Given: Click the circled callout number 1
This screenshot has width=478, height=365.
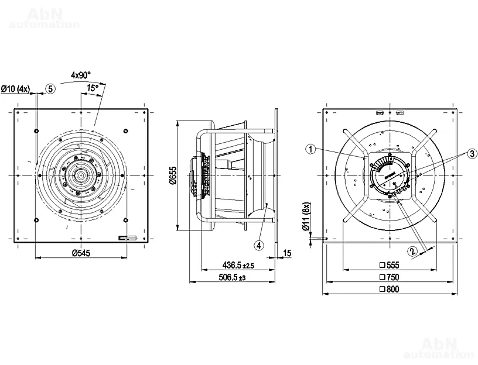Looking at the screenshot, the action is [x=310, y=149].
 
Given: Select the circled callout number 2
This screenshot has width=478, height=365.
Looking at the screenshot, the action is [x=412, y=251].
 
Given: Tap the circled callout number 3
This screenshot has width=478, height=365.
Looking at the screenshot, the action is [x=473, y=153].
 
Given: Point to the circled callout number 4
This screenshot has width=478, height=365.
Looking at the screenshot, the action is [x=259, y=245].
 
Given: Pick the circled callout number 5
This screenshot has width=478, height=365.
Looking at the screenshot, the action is [x=50, y=89].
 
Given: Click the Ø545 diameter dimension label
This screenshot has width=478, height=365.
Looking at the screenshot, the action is [x=81, y=253].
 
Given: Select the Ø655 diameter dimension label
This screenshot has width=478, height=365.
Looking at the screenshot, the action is [x=173, y=175].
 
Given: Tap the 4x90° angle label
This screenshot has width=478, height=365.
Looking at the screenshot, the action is [x=81, y=75].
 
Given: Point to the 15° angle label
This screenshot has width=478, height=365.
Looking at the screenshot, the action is [x=93, y=88].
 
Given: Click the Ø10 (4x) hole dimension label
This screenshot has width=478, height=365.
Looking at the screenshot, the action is [x=15, y=89].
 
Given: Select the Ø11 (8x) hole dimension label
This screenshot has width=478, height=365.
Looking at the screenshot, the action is [x=306, y=216].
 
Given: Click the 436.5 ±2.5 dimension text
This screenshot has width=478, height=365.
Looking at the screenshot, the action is [x=238, y=265].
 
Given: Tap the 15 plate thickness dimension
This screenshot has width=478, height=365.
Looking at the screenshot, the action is [x=287, y=253].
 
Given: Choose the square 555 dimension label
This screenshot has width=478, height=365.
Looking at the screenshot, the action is [x=390, y=265].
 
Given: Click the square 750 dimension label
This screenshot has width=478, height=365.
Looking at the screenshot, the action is [x=390, y=277].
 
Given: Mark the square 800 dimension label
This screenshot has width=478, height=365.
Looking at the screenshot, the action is [x=390, y=289].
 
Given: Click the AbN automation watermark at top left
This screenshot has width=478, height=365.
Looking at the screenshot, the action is [x=45, y=18].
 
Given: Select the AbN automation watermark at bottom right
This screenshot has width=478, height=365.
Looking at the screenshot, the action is [x=439, y=347].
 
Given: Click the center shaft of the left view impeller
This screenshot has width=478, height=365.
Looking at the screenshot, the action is [x=81, y=175].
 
